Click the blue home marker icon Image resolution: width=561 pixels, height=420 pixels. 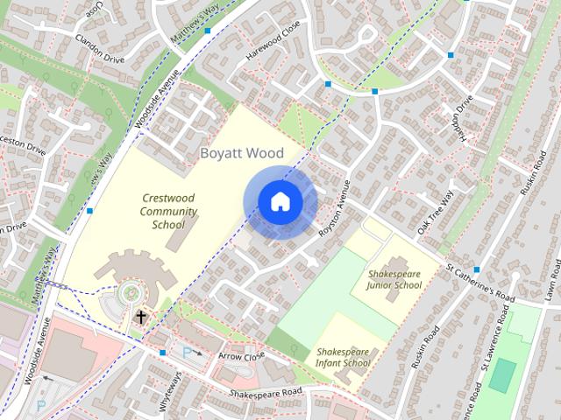pyautogui.click(x=280, y=202)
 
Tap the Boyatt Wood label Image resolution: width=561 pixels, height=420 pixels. pyautogui.click(x=242, y=153)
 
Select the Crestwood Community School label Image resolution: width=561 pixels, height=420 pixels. pyautogui.click(x=168, y=211)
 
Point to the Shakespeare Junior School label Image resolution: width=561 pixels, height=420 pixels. pyautogui.click(x=394, y=280)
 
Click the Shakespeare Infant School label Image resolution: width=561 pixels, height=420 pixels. pyautogui.click(x=344, y=357)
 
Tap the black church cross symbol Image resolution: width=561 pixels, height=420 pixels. pyautogui.click(x=140, y=316)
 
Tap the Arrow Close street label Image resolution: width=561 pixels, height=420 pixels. pyautogui.click(x=240, y=356)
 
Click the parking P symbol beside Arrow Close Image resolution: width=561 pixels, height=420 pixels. pyautogui.click(x=187, y=352)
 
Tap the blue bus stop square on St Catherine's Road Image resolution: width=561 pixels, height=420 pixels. pyautogui.click(x=476, y=269)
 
